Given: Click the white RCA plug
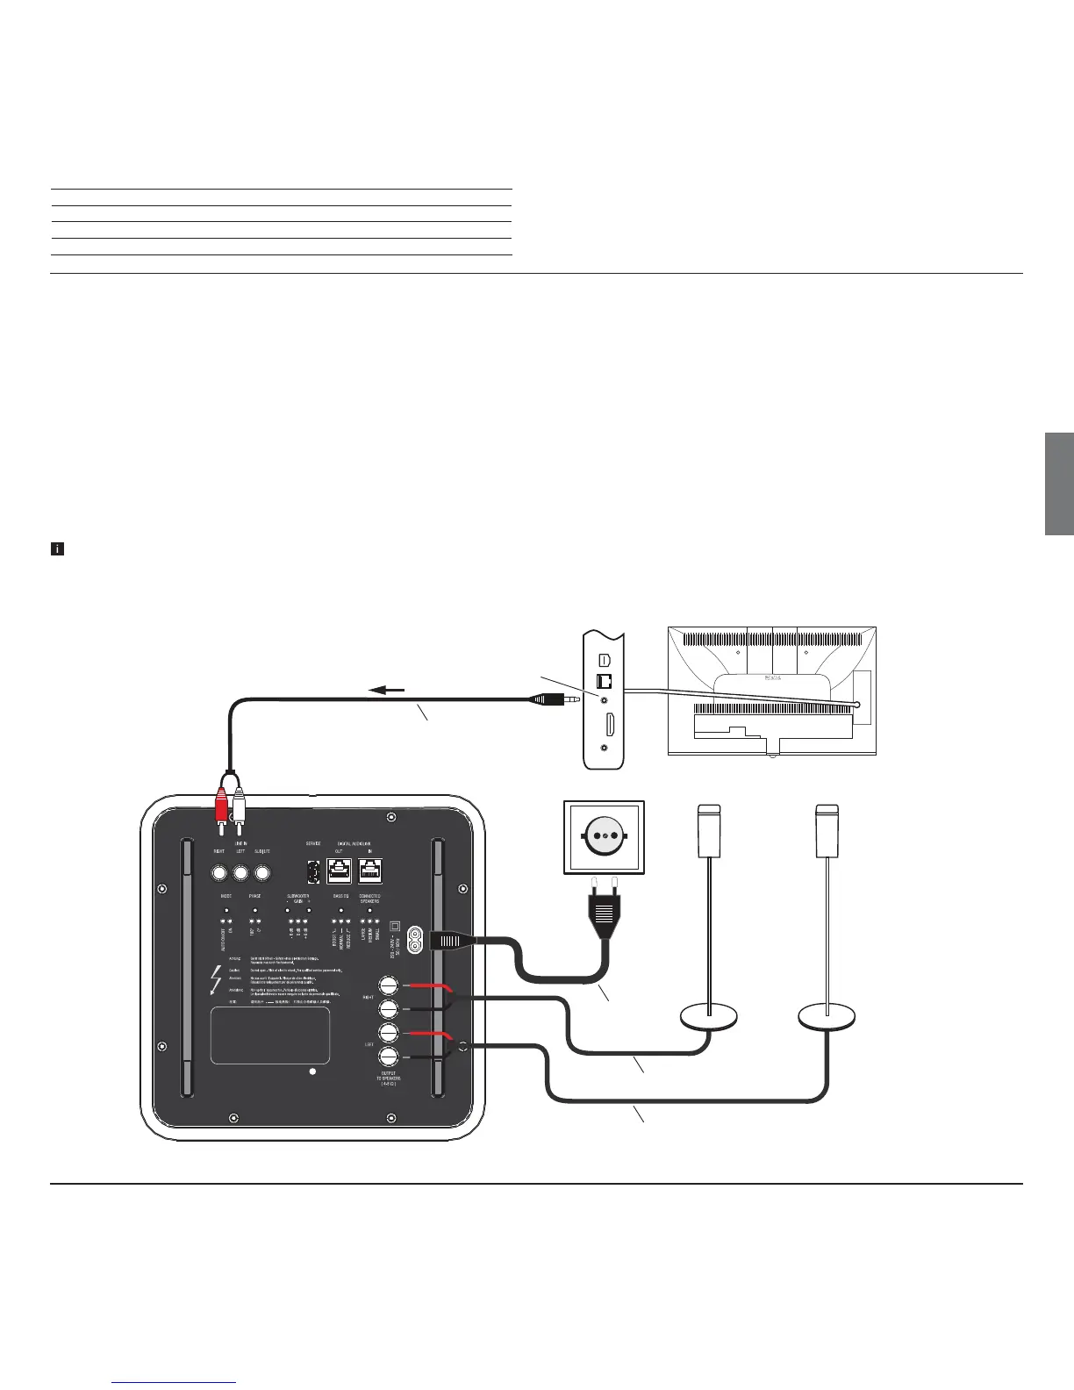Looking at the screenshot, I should tap(238, 801).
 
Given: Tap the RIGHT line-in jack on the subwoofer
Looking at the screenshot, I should tap(219, 873).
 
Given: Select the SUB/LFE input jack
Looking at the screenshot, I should tap(261, 873).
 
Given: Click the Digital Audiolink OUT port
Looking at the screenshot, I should tap(340, 871).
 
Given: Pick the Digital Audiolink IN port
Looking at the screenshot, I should tap(370, 871).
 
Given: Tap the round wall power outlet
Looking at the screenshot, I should tap(604, 836).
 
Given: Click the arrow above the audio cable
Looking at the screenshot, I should tap(388, 690).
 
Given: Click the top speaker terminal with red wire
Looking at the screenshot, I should tap(389, 985).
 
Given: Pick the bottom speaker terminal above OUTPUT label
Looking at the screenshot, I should tap(389, 1057).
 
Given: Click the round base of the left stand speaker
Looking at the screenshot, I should tap(709, 1018).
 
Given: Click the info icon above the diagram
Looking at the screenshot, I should tap(57, 549).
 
